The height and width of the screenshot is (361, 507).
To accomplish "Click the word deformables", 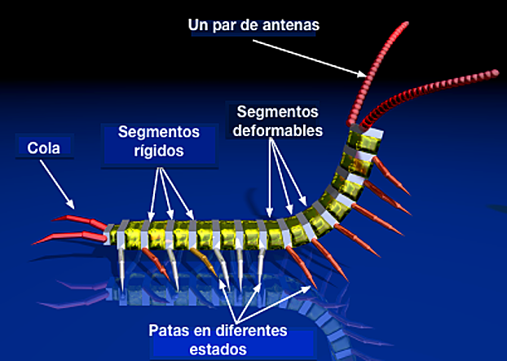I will (277, 129).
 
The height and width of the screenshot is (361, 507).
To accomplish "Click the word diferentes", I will (251, 332).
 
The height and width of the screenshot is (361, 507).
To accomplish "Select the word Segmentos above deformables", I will (276, 111).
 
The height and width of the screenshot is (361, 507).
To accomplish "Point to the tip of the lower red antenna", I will (496, 74).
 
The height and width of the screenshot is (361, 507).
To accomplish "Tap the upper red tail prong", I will (77, 220).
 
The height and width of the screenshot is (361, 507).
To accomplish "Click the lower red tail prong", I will (57, 239).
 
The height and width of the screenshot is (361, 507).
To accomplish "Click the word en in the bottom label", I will (205, 332).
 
